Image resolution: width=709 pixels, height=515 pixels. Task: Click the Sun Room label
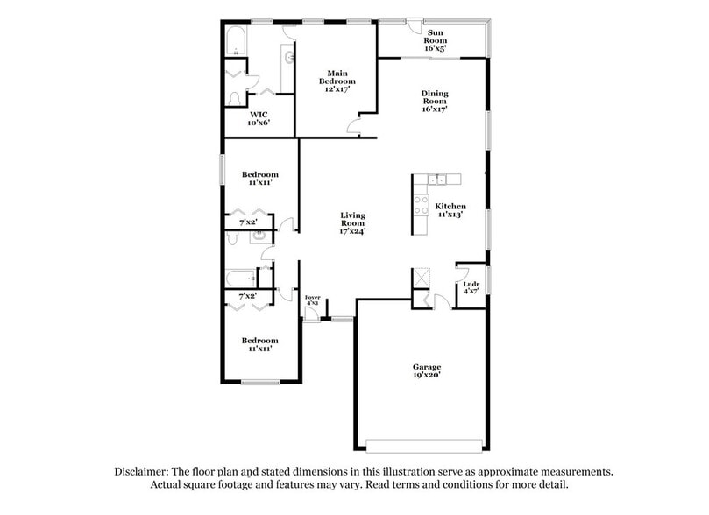(436, 35)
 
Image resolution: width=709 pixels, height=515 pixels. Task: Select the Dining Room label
(435, 97)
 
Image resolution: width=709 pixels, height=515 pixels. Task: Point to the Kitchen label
(450, 206)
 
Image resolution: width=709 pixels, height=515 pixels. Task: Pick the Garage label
(427, 367)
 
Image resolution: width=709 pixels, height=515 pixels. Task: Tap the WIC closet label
(259, 114)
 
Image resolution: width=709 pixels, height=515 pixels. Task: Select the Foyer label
(312, 298)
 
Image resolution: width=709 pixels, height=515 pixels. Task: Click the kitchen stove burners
(420, 206)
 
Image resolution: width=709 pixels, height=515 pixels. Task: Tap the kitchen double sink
(443, 180)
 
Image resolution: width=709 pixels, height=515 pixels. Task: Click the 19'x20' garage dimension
(427, 375)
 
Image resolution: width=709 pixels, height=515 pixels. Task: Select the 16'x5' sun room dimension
(436, 48)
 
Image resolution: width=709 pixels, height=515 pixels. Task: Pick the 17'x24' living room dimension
(353, 231)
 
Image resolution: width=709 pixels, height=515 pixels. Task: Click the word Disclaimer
(145, 471)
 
